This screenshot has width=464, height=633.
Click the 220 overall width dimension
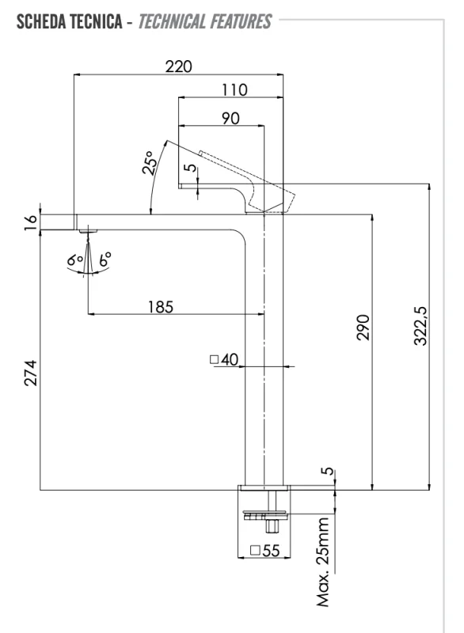178,66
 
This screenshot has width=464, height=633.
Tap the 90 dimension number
230,118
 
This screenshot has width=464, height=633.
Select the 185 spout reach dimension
161,305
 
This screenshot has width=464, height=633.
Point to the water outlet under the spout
87,231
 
